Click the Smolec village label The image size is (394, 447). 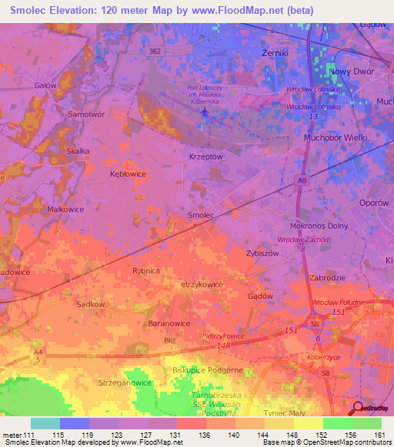(201, 216)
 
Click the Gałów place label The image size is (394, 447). (45, 86)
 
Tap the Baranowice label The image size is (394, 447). (169, 324)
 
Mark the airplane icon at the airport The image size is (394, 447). (204, 113)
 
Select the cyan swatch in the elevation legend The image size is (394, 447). (45, 423)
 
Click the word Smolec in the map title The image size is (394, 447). (28, 11)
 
